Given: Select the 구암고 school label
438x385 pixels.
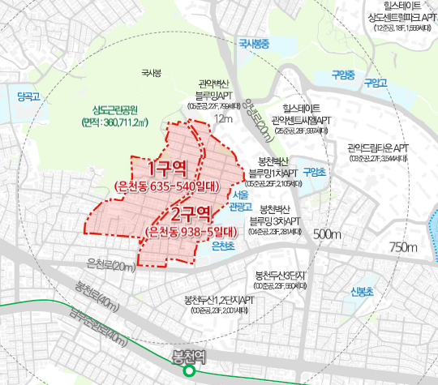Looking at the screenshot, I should point(376,83).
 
